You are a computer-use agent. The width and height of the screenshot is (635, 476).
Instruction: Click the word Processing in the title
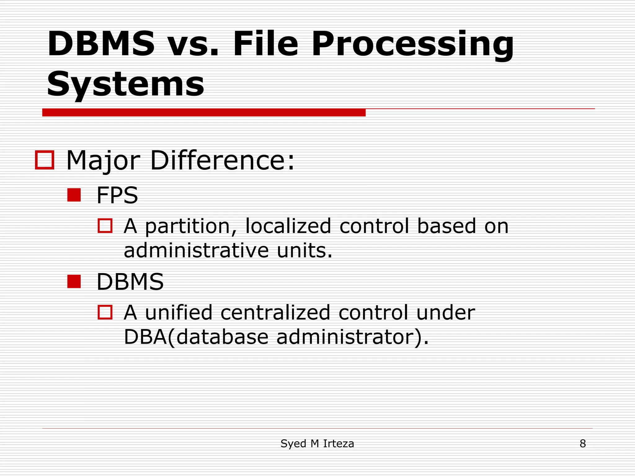point(412,45)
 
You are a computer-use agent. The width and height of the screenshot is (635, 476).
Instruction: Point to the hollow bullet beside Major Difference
point(45,160)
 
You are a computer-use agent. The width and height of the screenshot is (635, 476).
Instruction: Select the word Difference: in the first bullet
point(222,161)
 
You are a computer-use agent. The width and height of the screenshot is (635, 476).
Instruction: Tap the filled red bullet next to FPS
point(74,195)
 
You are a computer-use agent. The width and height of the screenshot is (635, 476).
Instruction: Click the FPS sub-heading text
point(117,195)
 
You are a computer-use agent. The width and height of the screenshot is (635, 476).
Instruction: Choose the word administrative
point(196,250)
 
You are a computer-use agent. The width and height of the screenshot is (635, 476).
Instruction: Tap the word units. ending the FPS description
point(304,250)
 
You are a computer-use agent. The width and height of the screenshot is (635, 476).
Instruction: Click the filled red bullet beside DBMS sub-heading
point(74,282)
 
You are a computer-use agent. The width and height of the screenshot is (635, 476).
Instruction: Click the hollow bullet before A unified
point(105,312)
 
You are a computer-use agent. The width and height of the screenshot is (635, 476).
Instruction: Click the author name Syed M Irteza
point(317,444)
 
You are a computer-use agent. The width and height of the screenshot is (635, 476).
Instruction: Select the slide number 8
point(583,444)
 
